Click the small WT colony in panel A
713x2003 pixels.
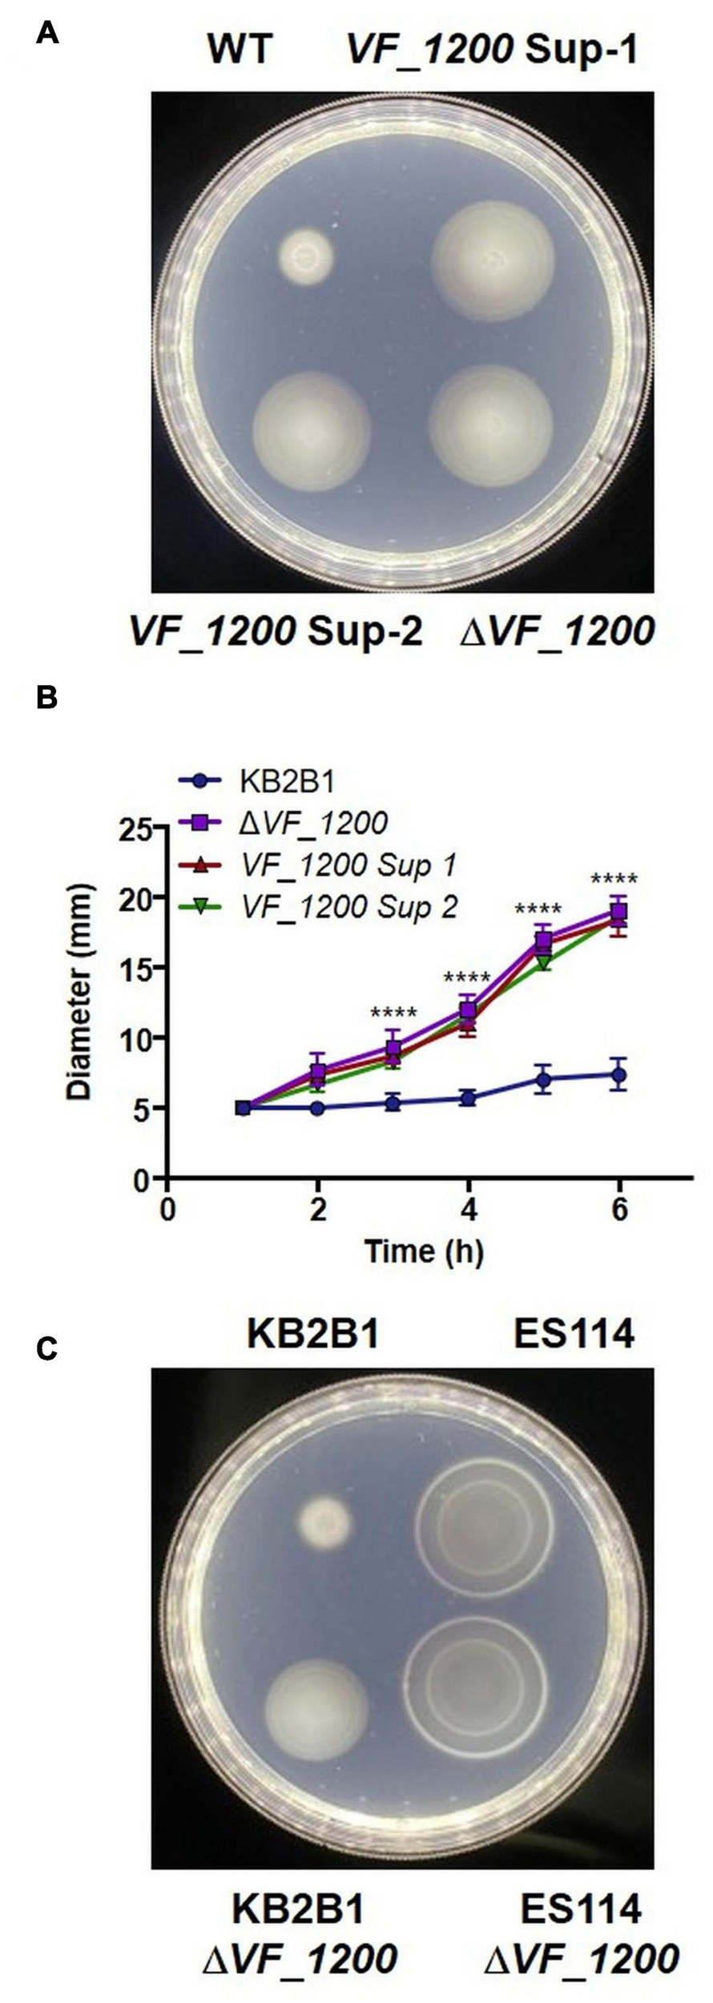coord(305,257)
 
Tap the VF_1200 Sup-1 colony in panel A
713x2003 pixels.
coord(493,260)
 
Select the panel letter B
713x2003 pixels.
coord(46,697)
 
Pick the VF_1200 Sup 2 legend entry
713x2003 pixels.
coord(348,907)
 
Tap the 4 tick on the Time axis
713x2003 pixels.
coord(469,1210)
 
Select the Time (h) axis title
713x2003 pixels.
coord(424,1251)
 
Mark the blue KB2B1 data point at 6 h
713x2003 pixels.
coord(618,1075)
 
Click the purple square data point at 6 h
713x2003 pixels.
coord(618,911)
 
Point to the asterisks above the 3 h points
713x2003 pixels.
coord(393,1014)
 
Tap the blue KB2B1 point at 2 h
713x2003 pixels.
coord(318,1108)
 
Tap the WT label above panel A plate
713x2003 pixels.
coord(240,50)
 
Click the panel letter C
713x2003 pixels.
coord(46,1348)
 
